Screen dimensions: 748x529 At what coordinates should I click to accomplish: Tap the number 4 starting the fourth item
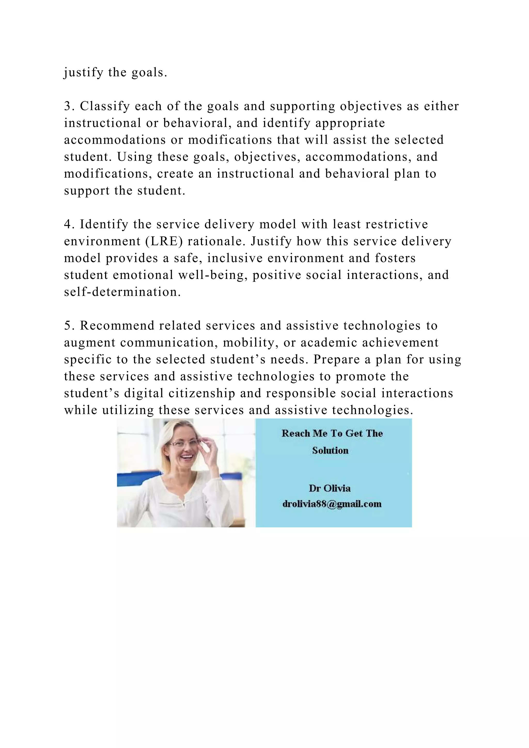67,224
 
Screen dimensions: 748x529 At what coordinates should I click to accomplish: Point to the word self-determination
122,292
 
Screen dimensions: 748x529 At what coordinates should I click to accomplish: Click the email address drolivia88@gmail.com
332,504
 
